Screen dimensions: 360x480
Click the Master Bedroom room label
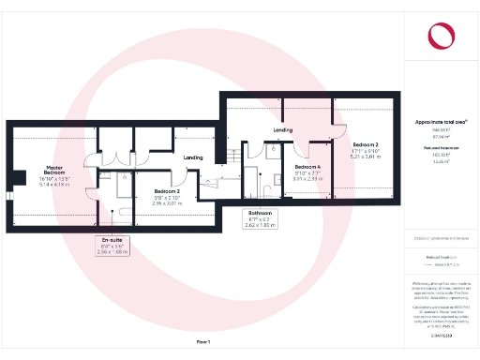pyautogui.click(x=54, y=171)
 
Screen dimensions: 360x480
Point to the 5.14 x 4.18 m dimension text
pyautogui.click(x=54, y=185)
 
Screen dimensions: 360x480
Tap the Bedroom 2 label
pyautogui.click(x=167, y=191)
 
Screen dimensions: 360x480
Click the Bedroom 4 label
pyautogui.click(x=307, y=166)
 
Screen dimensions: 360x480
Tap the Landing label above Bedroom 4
pyautogui.click(x=283, y=129)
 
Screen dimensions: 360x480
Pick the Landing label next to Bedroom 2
pyautogui.click(x=194, y=157)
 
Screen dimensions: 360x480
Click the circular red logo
pyautogui.click(x=440, y=36)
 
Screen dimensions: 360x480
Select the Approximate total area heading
pyautogui.click(x=440, y=122)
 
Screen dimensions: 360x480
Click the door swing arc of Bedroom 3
pyautogui.click(x=341, y=131)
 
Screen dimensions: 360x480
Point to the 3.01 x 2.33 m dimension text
pyautogui.click(x=307, y=178)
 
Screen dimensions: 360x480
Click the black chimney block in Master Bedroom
pyautogui.click(x=16, y=178)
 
